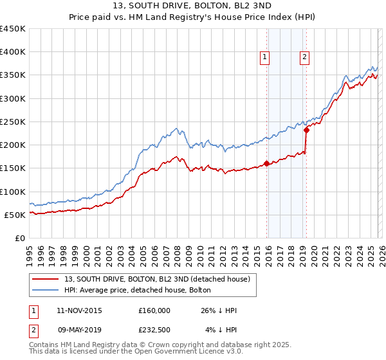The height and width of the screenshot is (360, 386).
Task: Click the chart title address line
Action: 193,6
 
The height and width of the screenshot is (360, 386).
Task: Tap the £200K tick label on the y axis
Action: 12,145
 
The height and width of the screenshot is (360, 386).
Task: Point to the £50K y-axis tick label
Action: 15,215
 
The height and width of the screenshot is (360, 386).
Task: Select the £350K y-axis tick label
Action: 12,75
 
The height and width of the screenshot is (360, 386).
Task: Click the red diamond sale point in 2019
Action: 306,130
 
